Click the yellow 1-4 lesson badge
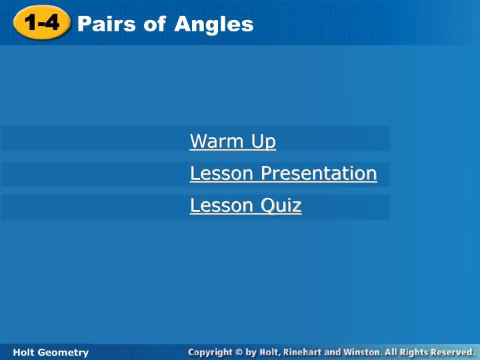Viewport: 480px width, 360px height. tap(41, 24)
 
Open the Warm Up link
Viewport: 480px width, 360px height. tap(233, 141)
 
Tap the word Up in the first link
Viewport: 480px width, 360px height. tap(263, 141)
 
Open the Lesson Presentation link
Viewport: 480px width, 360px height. tap(283, 173)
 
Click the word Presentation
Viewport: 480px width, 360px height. tap(319, 173)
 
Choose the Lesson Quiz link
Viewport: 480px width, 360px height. tap(245, 205)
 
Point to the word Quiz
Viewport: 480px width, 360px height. tap(281, 205)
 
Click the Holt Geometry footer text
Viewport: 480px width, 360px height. tap(51, 352)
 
